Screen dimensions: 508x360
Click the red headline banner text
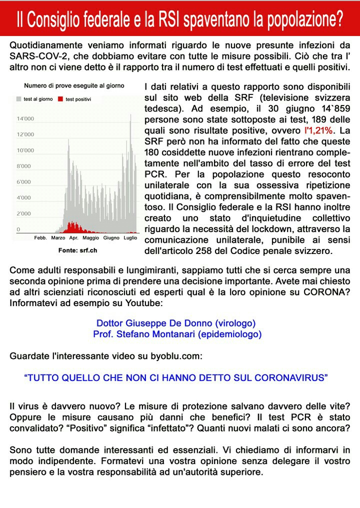[x=180, y=19]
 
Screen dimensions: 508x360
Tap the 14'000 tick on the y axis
[x=25, y=119]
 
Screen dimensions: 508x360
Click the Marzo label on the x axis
[x=58, y=238]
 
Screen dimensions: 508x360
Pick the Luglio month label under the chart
[x=130, y=238]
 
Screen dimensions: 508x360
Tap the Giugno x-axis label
[x=111, y=238]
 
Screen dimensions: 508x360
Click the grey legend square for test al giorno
[x=19, y=99]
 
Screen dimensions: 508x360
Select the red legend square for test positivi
[x=61, y=99]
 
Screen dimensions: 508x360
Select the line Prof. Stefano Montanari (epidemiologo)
[x=177, y=333]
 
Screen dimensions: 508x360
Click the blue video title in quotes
[x=176, y=378]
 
